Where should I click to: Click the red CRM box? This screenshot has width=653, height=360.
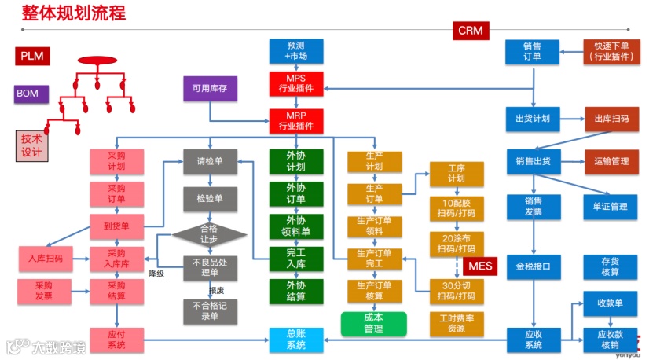(x=470, y=31)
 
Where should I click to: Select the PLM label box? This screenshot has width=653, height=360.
(x=32, y=57)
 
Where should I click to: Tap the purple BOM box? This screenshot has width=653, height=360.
(x=28, y=94)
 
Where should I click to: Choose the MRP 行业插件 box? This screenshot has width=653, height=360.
(x=295, y=120)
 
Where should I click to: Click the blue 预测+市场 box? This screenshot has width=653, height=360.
(x=295, y=51)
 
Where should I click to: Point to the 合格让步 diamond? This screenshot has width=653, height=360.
(x=210, y=234)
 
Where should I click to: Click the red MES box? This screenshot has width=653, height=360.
(x=480, y=266)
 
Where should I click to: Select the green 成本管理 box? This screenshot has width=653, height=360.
(x=373, y=323)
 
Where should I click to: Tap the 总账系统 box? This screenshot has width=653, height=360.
(x=295, y=340)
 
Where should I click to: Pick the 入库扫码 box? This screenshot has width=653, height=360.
(x=45, y=258)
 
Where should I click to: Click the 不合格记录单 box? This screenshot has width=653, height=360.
(x=210, y=310)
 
